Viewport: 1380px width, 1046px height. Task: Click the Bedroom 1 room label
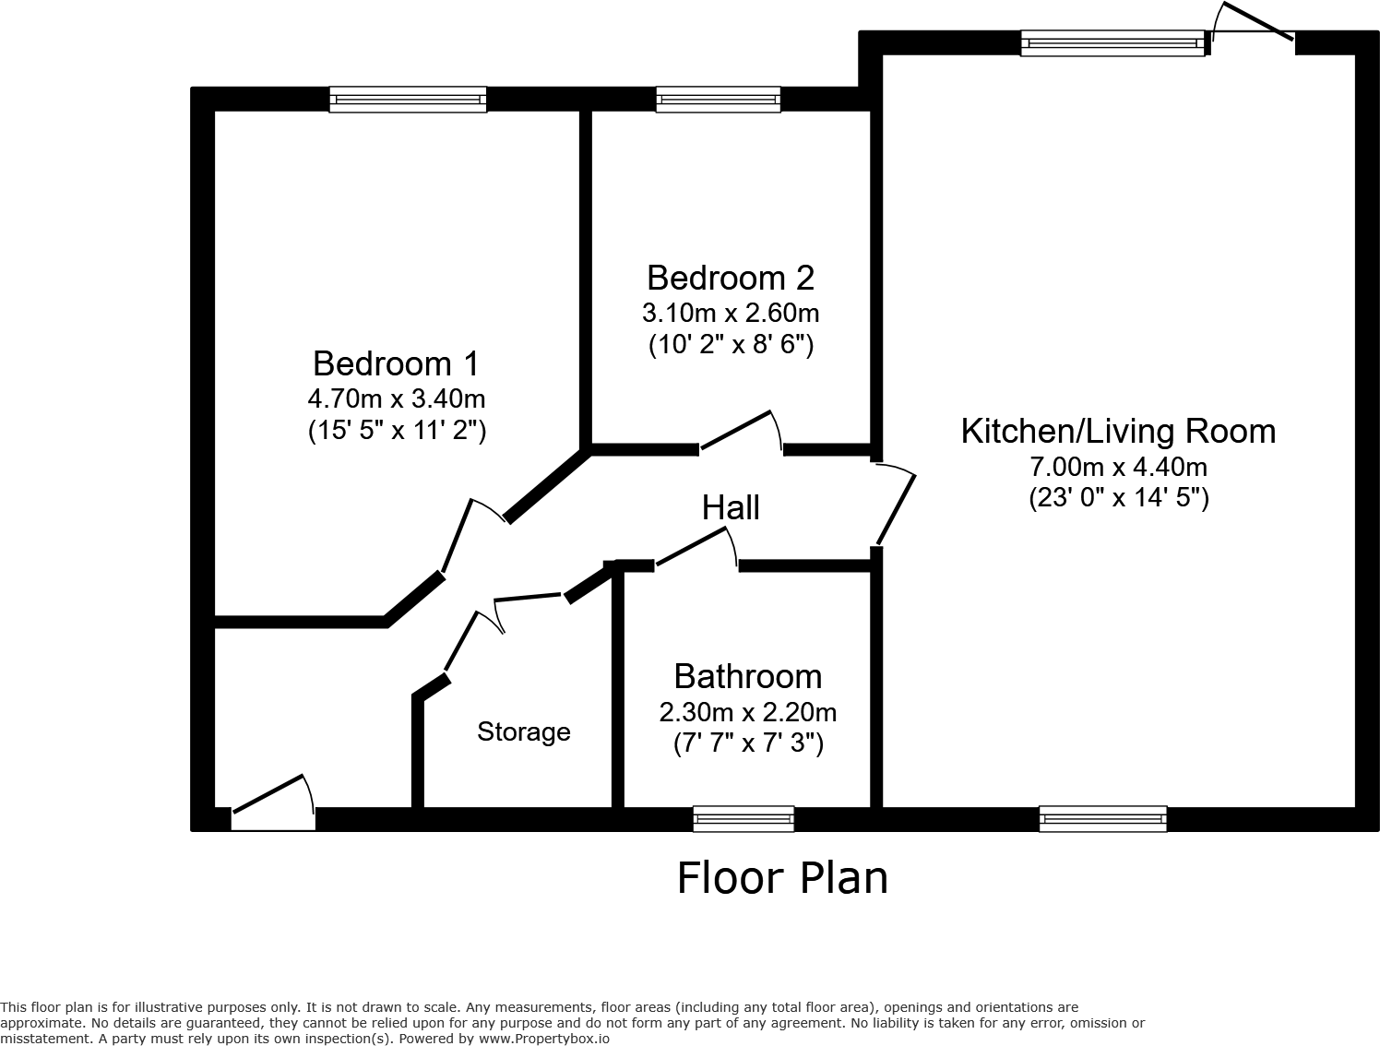pyautogui.click(x=396, y=363)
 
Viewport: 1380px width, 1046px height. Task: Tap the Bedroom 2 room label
pyautogui.click(x=731, y=278)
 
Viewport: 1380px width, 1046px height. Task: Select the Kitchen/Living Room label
pyautogui.click(x=1118, y=431)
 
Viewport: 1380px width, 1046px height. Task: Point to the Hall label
pyautogui.click(x=731, y=507)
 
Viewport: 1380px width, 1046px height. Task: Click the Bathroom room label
pyautogui.click(x=747, y=676)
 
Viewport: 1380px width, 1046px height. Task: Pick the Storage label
pyautogui.click(x=523, y=731)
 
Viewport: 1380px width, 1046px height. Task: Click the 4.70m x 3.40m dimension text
pyautogui.click(x=396, y=399)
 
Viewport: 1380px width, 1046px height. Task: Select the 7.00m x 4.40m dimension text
pyautogui.click(x=1118, y=467)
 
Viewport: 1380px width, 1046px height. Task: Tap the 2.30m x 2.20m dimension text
pyautogui.click(x=747, y=712)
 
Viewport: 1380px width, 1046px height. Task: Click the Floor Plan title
pyautogui.click(x=782, y=877)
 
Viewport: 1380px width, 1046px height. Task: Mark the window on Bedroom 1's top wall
pyautogui.click(x=408, y=100)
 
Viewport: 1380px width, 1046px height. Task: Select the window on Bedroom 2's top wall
pyautogui.click(x=718, y=100)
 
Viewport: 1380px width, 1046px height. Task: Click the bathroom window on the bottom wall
pyautogui.click(x=743, y=818)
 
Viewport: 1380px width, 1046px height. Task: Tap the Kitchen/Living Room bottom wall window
pyautogui.click(x=1102, y=818)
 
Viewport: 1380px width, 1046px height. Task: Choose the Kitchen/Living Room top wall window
pyautogui.click(x=1112, y=42)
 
